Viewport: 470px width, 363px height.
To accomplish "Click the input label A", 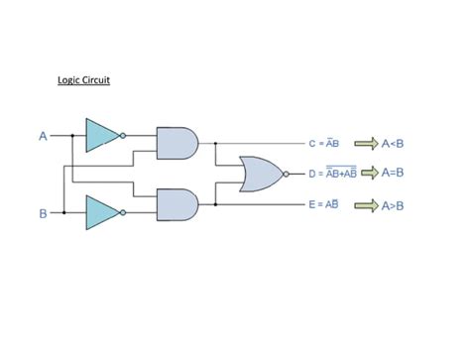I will [x=43, y=135].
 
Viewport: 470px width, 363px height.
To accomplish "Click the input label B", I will [x=43, y=212].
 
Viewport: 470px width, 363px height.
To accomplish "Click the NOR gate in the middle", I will [x=260, y=174].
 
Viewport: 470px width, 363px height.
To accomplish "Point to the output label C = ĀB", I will [x=325, y=143].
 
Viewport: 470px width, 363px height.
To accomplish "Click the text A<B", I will [x=393, y=143].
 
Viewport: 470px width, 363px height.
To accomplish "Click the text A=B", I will [x=393, y=174].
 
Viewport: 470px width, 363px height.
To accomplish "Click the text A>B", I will [x=393, y=205].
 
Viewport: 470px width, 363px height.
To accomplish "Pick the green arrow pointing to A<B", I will [x=367, y=143].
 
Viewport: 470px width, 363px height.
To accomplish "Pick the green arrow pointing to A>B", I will [x=367, y=205].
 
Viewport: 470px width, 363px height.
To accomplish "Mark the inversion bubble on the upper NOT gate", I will [x=124, y=135].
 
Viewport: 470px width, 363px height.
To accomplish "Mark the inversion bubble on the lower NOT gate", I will [x=124, y=211].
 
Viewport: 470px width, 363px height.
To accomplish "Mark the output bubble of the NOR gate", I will [x=285, y=174].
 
